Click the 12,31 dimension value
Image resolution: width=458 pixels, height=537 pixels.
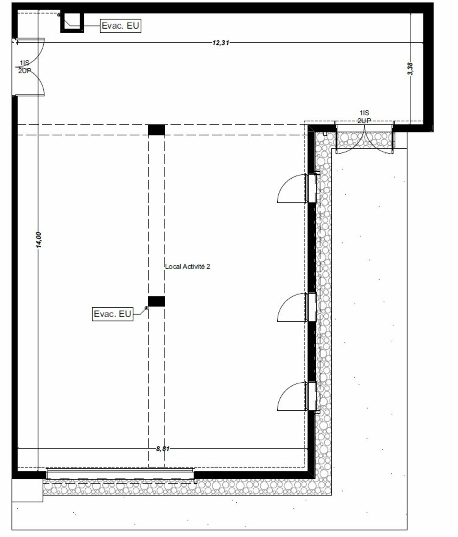tap(220, 43)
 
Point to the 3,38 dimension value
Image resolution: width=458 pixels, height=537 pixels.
tap(410, 69)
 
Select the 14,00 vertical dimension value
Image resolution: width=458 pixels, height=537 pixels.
tap(38, 240)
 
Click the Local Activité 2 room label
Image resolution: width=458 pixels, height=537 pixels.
tap(188, 267)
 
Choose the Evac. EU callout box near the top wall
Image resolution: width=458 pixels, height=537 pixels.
tap(121, 26)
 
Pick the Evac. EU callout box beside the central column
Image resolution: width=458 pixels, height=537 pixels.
tap(113, 314)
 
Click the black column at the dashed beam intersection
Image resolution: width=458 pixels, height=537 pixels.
tap(156, 130)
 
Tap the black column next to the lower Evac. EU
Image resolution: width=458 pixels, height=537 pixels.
tap(156, 301)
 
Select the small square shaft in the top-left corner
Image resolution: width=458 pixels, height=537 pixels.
tap(72, 22)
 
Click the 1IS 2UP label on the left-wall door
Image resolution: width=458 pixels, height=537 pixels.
tap(24, 67)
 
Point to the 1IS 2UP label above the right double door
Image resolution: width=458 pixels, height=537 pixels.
tap(364, 117)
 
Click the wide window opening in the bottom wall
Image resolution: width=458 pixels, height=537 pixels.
tap(120, 474)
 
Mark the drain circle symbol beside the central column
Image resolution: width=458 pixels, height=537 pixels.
tap(146, 308)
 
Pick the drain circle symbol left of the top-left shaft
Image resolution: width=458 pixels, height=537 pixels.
tap(59, 15)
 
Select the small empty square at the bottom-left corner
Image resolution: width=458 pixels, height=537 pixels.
tap(27, 490)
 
